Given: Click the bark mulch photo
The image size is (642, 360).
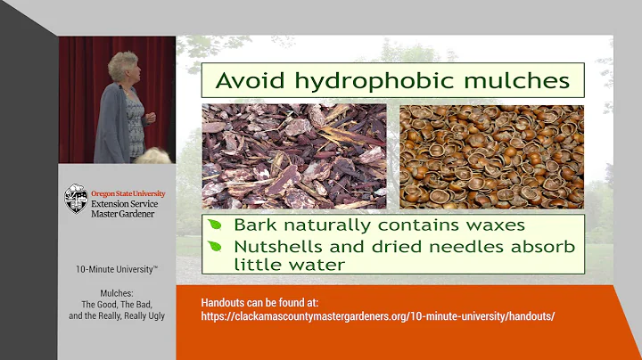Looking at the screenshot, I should click(x=294, y=156).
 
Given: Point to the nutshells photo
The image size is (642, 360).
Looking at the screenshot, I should click(x=491, y=156).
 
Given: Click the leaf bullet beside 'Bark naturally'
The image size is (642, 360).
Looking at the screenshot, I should click(x=216, y=225).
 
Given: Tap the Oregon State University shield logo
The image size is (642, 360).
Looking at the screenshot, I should click(x=76, y=199).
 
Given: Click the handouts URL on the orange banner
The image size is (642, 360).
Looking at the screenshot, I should click(x=378, y=316).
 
